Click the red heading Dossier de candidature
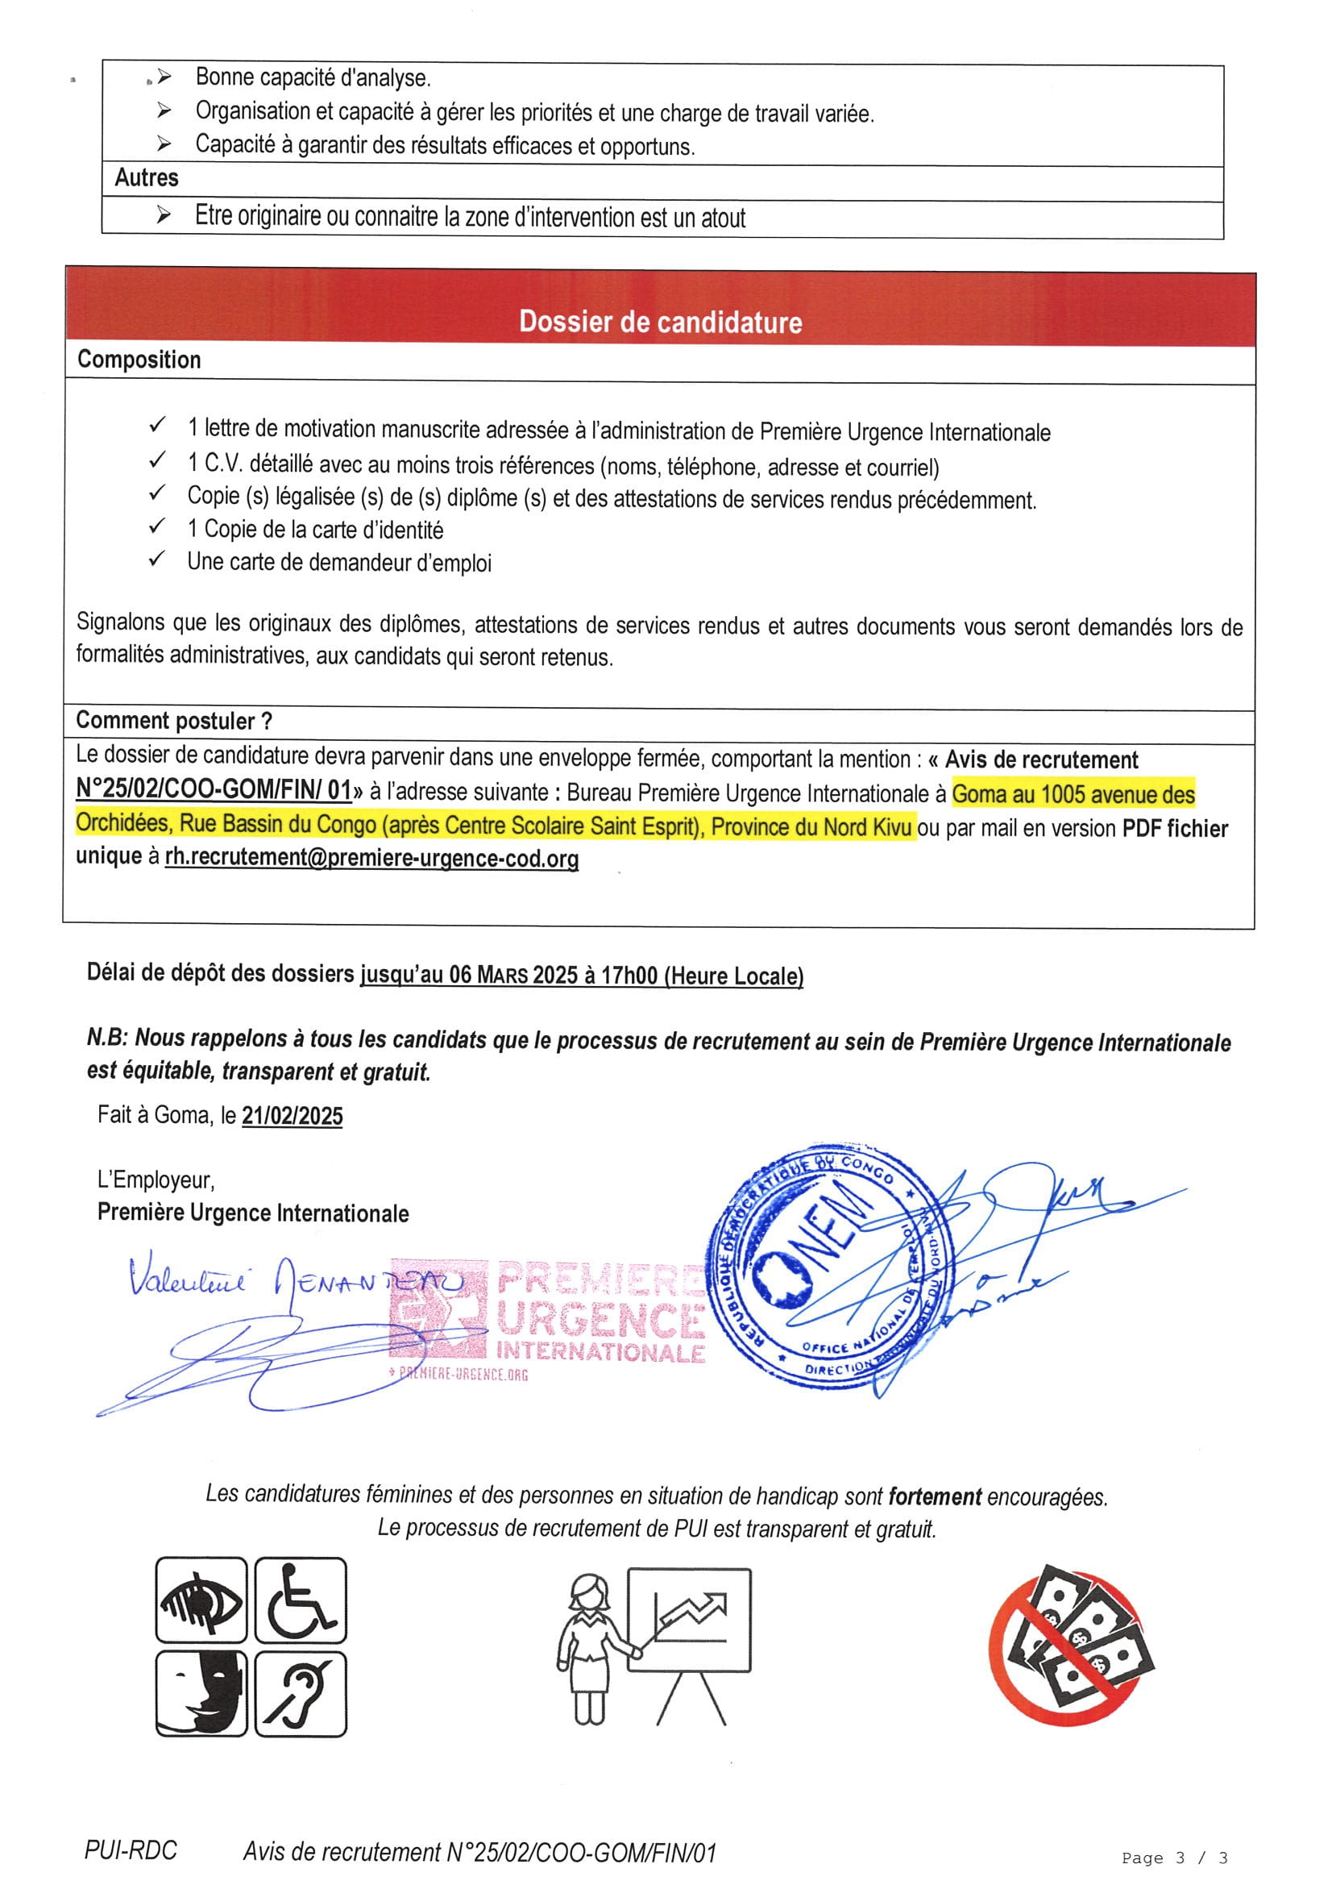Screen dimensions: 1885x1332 (x=660, y=321)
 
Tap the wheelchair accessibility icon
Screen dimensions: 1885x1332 (x=301, y=1600)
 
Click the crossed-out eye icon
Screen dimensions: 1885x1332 (x=201, y=1600)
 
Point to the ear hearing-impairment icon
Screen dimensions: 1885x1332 (x=301, y=1695)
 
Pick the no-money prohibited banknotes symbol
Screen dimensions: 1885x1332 (x=1072, y=1646)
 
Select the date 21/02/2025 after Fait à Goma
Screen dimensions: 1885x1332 (x=293, y=1116)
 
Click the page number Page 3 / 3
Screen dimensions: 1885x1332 (x=1173, y=1858)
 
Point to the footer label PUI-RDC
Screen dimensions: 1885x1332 (x=131, y=1850)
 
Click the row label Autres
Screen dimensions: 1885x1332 (x=146, y=177)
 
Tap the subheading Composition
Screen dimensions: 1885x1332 (x=139, y=360)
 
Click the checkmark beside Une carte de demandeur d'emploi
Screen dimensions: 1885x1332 (x=157, y=560)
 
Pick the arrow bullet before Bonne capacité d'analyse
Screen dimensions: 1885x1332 (x=164, y=77)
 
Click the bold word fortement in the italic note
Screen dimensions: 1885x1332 (x=934, y=1496)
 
